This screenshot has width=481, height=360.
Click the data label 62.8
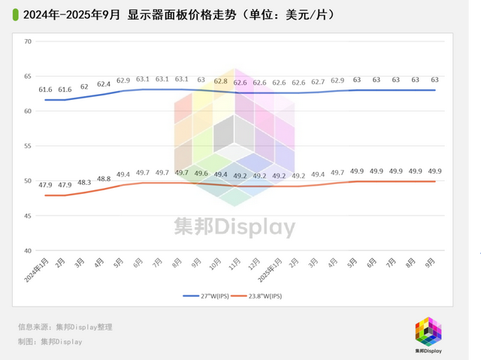pyautogui.click(x=221, y=81)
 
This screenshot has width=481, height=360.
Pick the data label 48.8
pyautogui.click(x=104, y=179)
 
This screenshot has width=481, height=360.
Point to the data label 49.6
pyautogui.click(x=201, y=174)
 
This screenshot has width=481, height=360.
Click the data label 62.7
pyautogui.click(x=318, y=82)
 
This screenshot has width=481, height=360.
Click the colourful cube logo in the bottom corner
pyautogui.click(x=429, y=331)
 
